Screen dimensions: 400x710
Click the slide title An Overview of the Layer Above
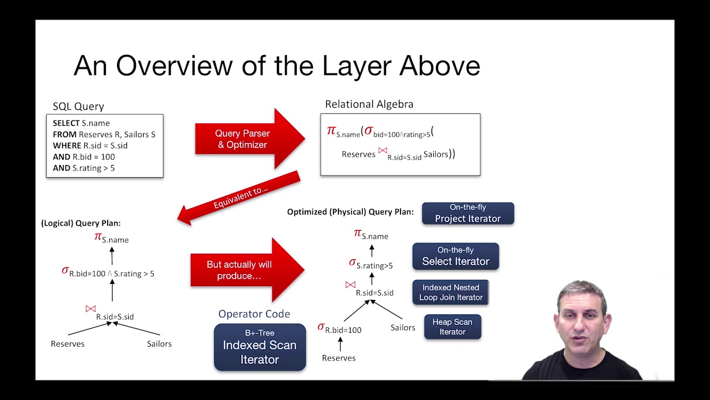tap(276, 66)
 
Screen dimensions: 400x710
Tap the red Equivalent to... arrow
tap(240, 197)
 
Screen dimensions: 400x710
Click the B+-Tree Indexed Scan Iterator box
tap(260, 347)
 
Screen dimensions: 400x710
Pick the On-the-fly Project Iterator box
tap(468, 213)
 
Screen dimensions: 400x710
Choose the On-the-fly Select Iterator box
tap(455, 256)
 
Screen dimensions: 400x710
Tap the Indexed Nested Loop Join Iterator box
tap(450, 292)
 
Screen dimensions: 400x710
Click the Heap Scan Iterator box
tap(452, 327)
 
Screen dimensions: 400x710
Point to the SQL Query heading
tap(78, 106)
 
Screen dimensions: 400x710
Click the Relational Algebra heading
tap(369, 104)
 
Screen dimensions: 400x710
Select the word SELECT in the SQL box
tap(66, 123)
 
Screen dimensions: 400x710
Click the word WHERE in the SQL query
tap(67, 146)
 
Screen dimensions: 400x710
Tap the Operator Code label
tap(254, 314)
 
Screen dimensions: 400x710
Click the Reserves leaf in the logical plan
tap(68, 344)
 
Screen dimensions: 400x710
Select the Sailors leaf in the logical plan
tap(159, 344)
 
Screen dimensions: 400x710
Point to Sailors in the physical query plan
tap(403, 327)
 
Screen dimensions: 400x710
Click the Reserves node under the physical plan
tap(338, 358)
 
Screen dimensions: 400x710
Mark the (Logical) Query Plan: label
tap(81, 223)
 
